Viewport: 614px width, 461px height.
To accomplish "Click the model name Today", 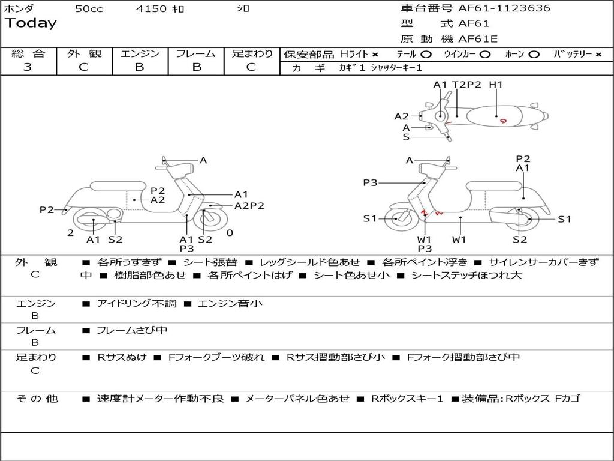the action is tap(31, 23).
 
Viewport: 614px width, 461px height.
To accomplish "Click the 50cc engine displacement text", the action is tap(89, 9).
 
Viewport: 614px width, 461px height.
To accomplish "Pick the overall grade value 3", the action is tap(28, 67).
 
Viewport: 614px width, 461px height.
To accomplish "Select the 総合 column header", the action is tap(28, 53).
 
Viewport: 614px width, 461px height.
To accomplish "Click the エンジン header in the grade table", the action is tap(140, 53).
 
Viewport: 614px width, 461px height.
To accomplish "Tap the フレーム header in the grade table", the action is tap(195, 53).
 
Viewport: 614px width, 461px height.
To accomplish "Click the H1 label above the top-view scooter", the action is tap(495, 85).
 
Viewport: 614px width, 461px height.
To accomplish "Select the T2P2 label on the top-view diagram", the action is tap(467, 85).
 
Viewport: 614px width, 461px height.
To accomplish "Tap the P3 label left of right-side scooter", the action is tap(370, 182).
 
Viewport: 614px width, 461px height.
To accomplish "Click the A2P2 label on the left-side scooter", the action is tap(249, 206).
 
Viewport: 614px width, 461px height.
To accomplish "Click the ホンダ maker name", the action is tap(19, 9).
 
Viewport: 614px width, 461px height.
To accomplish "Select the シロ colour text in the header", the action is tap(243, 9).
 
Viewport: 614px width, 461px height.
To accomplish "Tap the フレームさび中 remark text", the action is tap(132, 330).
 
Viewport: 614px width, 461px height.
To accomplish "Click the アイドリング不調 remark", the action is tap(137, 304).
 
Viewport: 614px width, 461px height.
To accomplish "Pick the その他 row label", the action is tap(36, 399).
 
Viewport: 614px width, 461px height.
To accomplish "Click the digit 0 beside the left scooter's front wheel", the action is tap(230, 233).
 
